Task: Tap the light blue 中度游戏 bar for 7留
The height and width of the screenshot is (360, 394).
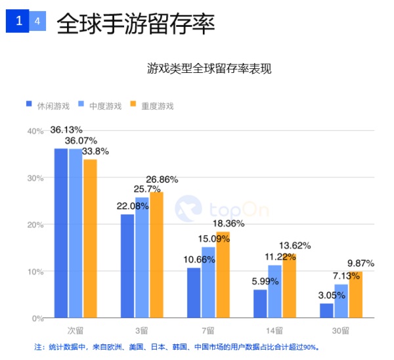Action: (209, 282)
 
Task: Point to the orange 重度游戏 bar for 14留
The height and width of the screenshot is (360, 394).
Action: (289, 286)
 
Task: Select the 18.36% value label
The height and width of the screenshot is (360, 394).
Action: (228, 223)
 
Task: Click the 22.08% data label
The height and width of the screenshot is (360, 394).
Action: (131, 206)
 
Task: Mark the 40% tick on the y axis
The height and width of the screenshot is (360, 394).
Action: (35, 131)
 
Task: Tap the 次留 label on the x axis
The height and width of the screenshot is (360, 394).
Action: (75, 330)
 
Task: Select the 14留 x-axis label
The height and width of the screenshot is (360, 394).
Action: (274, 330)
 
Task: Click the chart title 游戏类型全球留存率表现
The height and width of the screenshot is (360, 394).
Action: (209, 68)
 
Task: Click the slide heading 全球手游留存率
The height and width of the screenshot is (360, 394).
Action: (136, 24)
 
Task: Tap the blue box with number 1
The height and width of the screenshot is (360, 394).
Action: (18, 21)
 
